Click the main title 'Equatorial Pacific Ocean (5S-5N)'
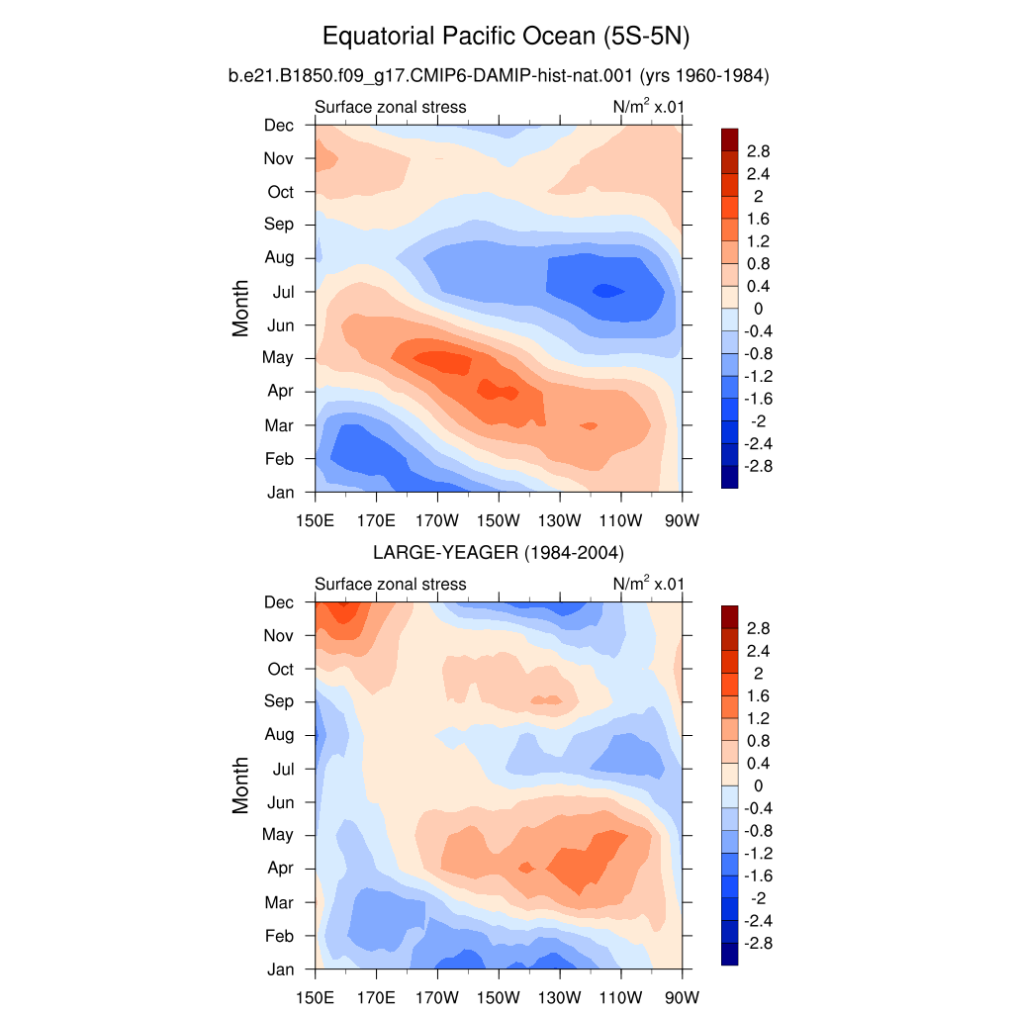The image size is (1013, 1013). [x=506, y=37]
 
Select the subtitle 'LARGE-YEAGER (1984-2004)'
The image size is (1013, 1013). [x=499, y=553]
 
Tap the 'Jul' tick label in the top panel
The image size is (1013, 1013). [x=283, y=292]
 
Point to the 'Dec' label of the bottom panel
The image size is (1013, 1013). [x=278, y=602]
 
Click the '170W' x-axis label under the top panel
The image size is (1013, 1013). [x=436, y=520]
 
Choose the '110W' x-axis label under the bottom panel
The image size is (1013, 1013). [x=620, y=997]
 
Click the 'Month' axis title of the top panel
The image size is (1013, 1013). [x=240, y=309]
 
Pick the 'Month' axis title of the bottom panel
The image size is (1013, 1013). [x=240, y=784]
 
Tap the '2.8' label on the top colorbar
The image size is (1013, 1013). [x=758, y=151]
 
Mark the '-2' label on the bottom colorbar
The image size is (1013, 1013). [x=758, y=898]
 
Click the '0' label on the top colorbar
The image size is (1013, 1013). [x=758, y=309]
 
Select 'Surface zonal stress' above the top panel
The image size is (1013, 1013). [x=390, y=107]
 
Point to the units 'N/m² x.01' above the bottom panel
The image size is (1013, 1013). [x=648, y=584]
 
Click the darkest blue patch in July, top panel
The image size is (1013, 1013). [x=607, y=291]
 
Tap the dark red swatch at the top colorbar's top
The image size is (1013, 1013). [x=729, y=139]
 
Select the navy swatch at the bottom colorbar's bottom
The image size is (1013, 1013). [x=729, y=955]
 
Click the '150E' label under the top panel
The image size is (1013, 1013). [x=316, y=520]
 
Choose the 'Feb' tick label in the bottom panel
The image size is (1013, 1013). [x=279, y=936]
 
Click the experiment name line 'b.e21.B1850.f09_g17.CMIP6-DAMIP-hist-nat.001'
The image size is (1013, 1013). [x=430, y=76]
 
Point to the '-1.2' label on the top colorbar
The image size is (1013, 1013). [x=758, y=376]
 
